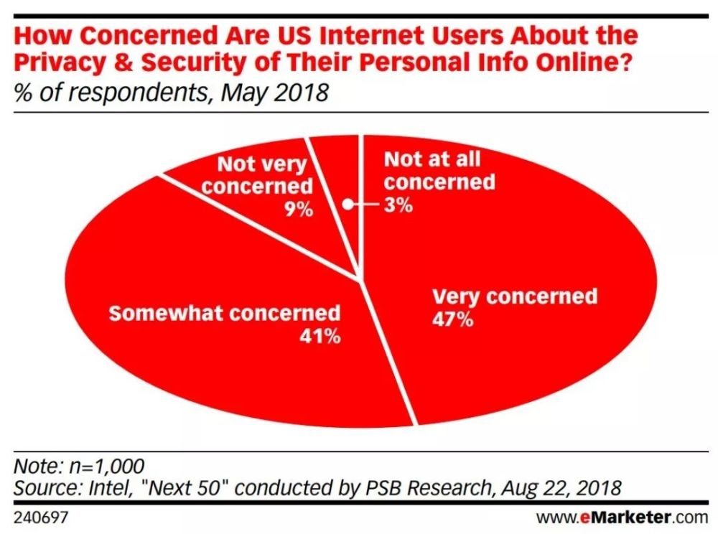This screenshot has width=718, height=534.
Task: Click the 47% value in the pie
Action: coord(452,319)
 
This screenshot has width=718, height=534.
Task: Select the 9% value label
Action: coord(297,210)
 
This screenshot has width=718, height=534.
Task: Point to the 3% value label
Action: coord(397,205)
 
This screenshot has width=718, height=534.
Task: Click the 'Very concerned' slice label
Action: coord(514,296)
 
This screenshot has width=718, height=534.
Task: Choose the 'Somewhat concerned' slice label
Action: coord(224,313)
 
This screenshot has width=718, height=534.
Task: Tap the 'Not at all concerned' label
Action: coord(438,170)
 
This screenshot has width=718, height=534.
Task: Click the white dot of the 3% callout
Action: coord(347,205)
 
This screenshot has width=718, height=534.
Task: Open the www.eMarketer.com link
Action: coord(622,516)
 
